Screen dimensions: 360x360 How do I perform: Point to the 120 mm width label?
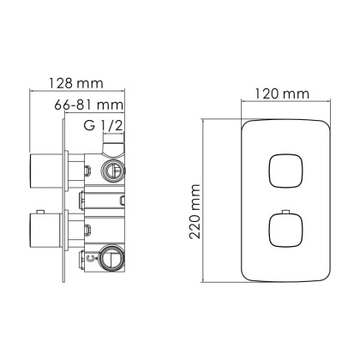coord(284,93)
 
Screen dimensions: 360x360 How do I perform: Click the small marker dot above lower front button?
coord(283,210)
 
